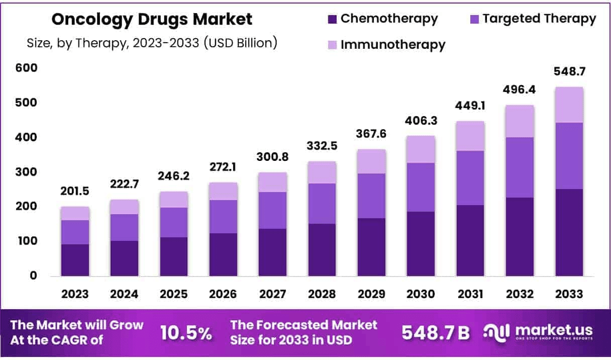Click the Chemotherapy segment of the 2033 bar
[569, 232]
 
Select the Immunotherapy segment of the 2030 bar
[421, 149]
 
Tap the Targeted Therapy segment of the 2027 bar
[272, 210]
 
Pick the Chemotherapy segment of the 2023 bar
[75, 260]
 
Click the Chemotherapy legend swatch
[333, 19]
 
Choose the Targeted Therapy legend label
[539, 19]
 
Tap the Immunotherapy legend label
[393, 44]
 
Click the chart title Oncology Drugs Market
[152, 20]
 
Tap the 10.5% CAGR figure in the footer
[186, 333]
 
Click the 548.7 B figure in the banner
[436, 333]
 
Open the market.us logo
[538, 332]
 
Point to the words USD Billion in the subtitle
[240, 43]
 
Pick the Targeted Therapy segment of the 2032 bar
[520, 167]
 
